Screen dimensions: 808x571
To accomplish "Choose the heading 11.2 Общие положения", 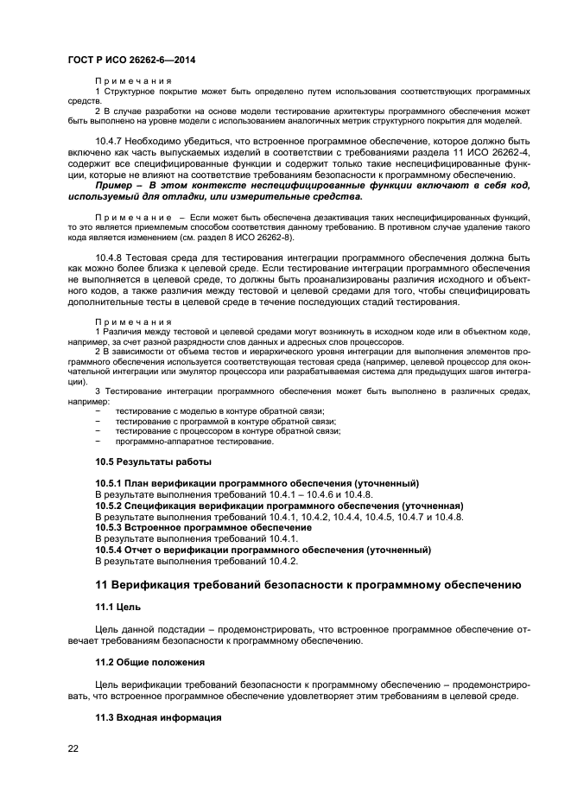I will point(149,662).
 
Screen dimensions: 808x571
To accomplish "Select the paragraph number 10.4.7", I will point(111,140).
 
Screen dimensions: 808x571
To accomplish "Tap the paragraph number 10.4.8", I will point(111,258).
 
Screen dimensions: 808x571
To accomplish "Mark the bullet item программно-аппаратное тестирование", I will point(194,442).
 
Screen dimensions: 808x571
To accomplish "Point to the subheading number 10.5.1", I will point(108,483).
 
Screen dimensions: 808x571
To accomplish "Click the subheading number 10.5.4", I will point(108,550).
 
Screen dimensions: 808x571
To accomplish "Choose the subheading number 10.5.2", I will point(108,506).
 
